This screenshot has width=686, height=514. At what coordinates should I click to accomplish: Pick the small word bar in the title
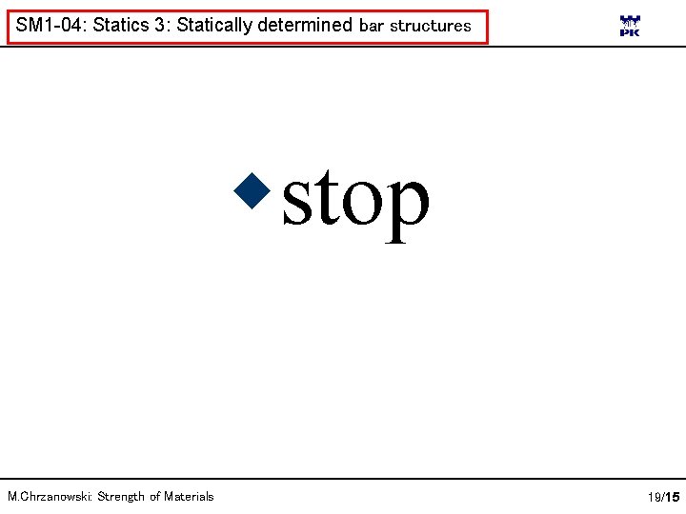click(371, 27)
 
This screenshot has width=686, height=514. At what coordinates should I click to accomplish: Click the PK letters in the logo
click(630, 32)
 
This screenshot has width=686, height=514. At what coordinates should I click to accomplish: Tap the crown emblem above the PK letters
click(630, 20)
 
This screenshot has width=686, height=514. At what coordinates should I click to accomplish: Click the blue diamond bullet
click(254, 190)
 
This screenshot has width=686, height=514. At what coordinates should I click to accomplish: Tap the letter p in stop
click(405, 209)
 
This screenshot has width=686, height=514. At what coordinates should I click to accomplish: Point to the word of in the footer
click(154, 496)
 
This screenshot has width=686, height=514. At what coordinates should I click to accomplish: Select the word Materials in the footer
click(190, 496)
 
